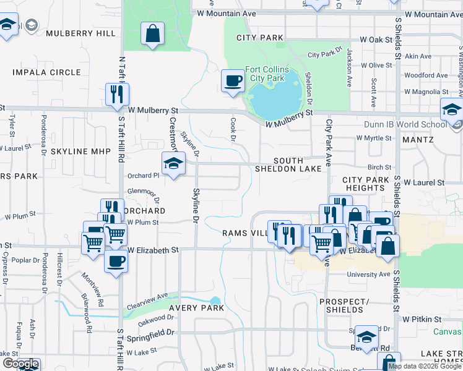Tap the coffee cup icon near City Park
tap(233, 81)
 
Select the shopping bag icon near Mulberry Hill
tap(152, 34)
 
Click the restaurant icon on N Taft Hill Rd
tap(117, 94)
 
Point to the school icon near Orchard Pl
tap(174, 164)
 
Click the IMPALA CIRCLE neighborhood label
tap(46, 72)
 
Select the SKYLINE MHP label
tap(80, 151)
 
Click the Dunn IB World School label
tap(405, 124)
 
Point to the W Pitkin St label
tap(420, 320)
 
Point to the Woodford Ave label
tap(425, 75)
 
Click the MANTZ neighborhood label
tap(418, 140)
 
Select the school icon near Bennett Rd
tap(367, 337)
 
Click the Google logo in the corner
tap(20, 364)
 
